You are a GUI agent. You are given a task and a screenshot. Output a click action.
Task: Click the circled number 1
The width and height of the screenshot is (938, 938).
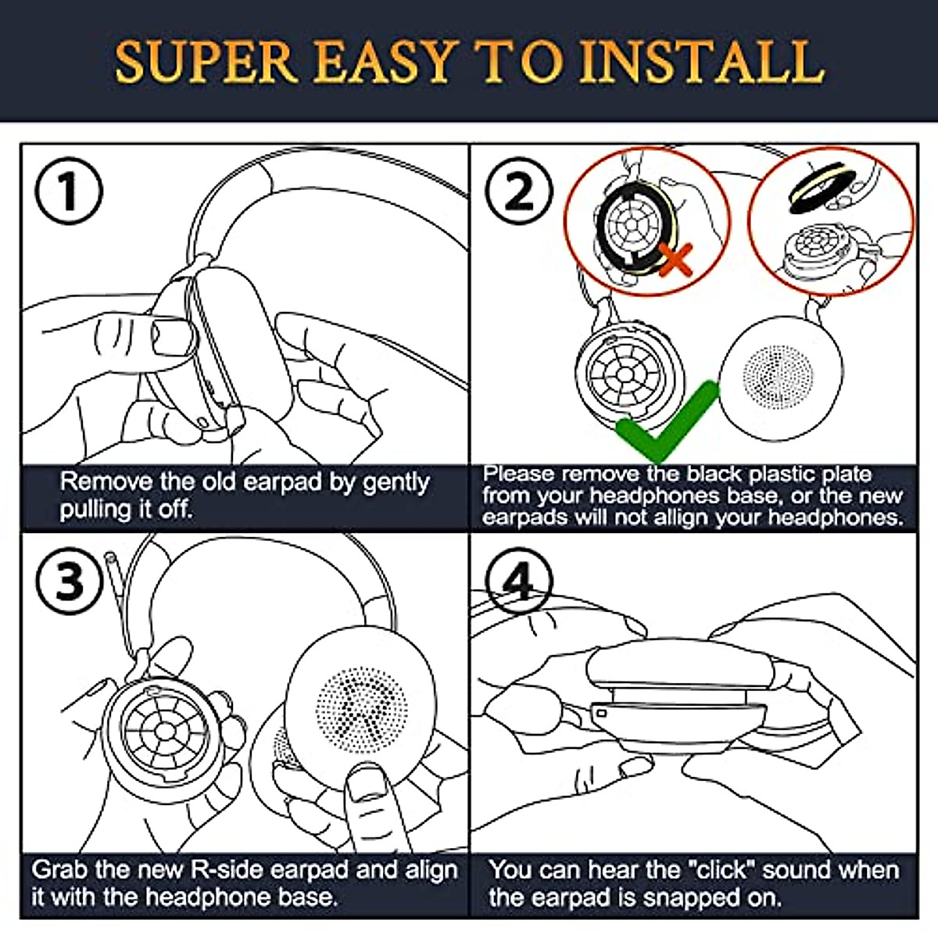(69, 191)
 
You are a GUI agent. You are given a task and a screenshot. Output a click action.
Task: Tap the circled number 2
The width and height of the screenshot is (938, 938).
(518, 191)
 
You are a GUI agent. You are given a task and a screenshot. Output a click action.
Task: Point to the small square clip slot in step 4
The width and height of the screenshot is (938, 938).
(601, 714)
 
